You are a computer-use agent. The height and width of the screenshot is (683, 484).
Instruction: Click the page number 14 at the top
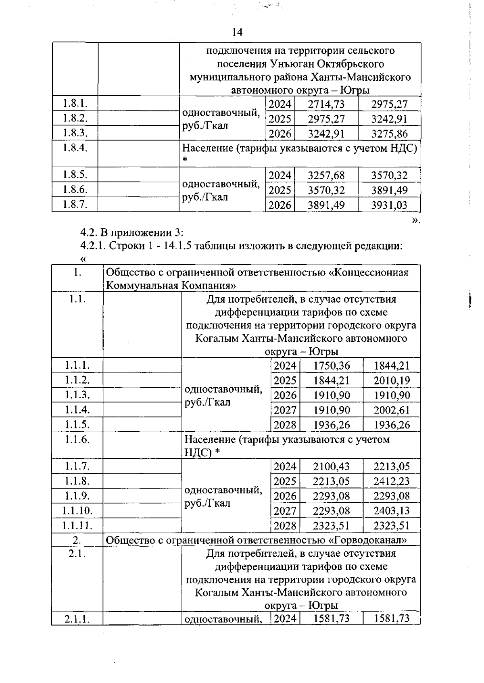click(238, 32)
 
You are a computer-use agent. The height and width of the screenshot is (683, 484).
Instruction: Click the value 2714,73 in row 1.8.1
click(326, 104)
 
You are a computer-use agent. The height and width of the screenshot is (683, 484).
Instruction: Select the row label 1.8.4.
click(75, 147)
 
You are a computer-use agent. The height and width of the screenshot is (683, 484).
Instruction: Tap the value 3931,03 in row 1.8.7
click(389, 205)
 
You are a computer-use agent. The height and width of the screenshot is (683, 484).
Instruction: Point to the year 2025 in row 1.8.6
click(280, 190)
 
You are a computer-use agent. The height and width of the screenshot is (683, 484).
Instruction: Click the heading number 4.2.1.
click(92, 246)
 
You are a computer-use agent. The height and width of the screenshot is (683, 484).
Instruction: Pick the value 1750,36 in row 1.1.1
click(332, 366)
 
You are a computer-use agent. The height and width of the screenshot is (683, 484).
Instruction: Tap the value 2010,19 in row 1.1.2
click(391, 380)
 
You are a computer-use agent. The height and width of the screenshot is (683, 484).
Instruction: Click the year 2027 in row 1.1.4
click(285, 410)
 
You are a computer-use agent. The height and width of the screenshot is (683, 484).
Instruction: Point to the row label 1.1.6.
click(77, 439)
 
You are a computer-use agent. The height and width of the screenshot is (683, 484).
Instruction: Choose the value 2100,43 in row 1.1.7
click(331, 467)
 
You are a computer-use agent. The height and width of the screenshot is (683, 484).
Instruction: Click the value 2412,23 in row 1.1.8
click(391, 481)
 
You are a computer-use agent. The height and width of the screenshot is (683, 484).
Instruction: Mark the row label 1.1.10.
click(77, 511)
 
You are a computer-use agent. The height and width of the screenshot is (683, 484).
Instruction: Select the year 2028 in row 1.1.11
click(285, 526)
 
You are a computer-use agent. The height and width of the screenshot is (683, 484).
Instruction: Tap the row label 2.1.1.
click(77, 618)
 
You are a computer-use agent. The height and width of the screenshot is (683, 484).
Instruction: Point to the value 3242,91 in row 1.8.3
click(326, 134)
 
